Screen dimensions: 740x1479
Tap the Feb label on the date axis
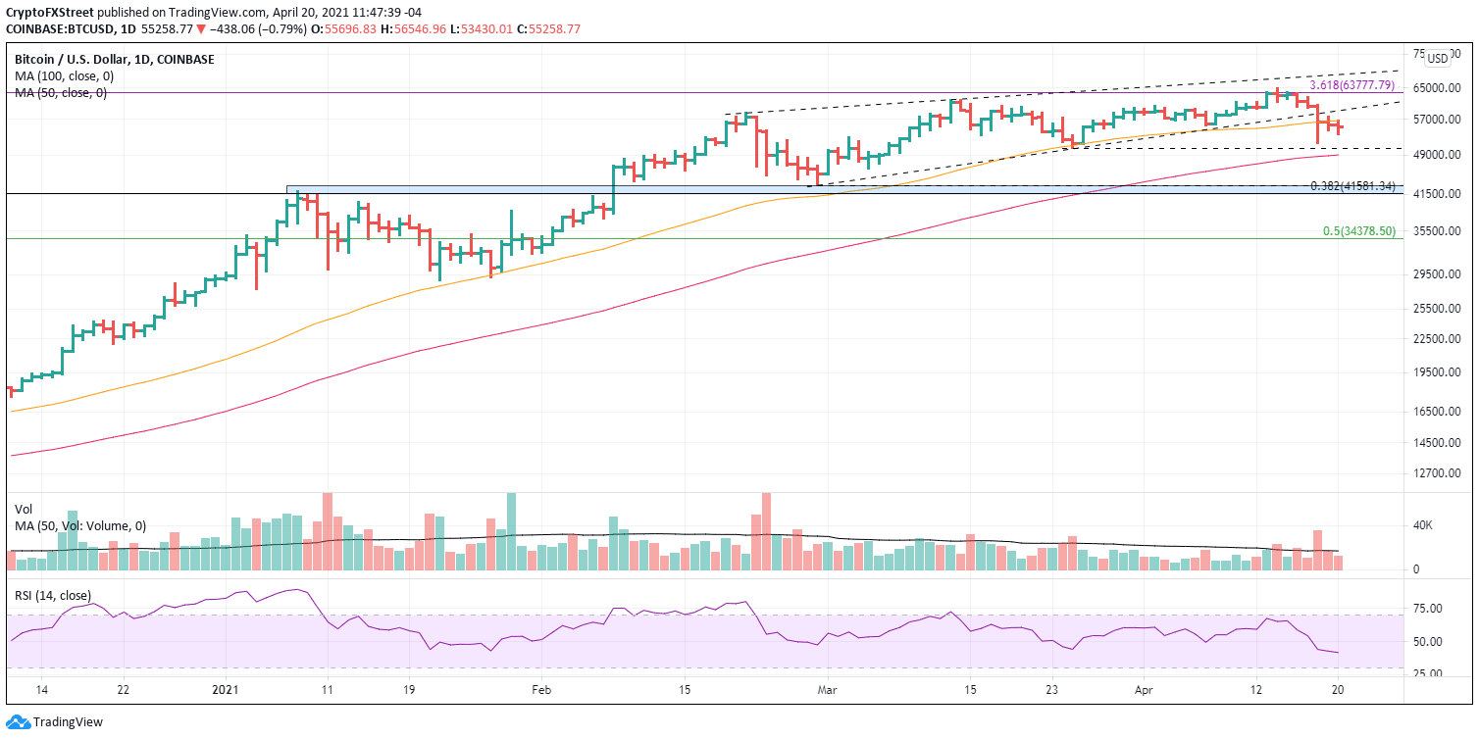(538, 690)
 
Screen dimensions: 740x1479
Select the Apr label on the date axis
(1144, 690)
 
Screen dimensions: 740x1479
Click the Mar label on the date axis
(827, 690)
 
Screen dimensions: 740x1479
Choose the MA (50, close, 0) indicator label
(61, 93)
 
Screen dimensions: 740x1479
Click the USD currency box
(1437, 59)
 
